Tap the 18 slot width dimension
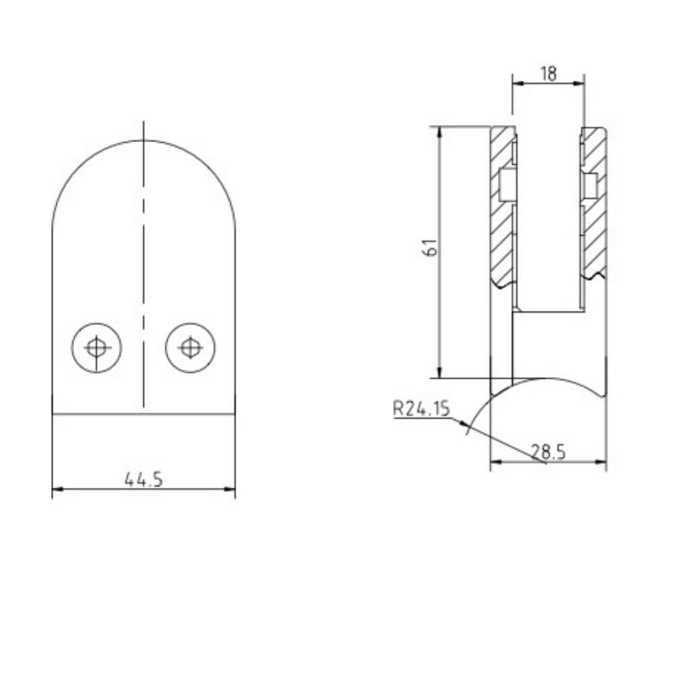(548, 73)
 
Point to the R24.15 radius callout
(421, 409)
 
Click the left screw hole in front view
(97, 347)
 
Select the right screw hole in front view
(190, 347)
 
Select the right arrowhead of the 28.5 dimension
(602, 462)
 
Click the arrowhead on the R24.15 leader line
(465, 423)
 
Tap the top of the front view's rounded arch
(143, 141)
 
